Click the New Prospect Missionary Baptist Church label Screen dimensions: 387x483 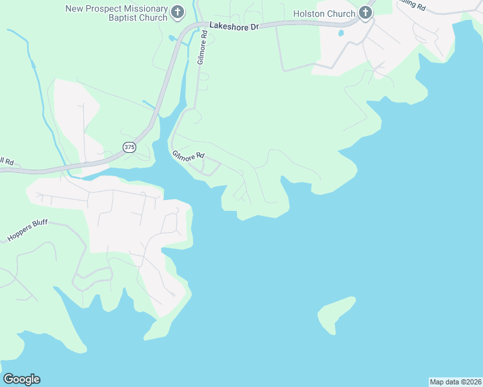[116, 13]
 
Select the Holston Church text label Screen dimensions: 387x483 [324, 14]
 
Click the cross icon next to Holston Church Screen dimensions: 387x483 [365, 13]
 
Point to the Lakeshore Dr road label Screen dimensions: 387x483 [233, 27]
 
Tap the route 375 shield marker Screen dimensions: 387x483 [130, 147]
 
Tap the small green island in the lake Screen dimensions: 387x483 [336, 313]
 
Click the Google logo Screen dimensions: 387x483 [21, 379]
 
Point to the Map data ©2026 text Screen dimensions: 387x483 [455, 382]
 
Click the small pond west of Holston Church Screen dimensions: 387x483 [340, 33]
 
